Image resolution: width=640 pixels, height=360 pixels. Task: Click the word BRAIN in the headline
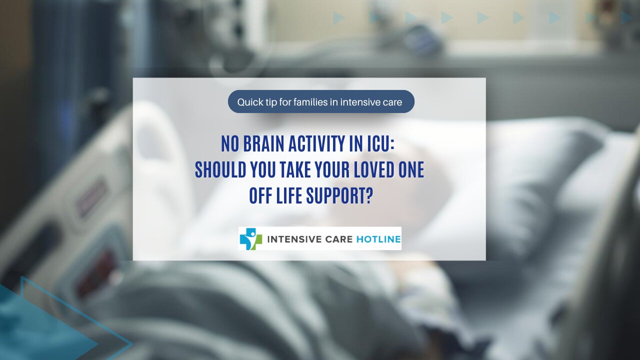click(264, 144)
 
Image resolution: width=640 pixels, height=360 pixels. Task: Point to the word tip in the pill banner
click(270, 102)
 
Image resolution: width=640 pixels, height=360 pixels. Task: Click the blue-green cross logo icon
click(250, 239)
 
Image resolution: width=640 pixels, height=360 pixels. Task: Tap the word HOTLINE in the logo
click(378, 239)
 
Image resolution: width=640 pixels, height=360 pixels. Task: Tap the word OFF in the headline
click(259, 196)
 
